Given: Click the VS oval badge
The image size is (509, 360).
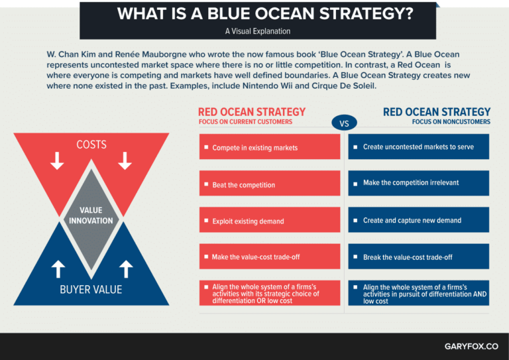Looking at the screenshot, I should (344, 123).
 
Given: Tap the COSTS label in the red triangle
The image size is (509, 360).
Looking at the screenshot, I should (91, 145).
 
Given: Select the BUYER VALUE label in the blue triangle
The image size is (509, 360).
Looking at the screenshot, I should (91, 289).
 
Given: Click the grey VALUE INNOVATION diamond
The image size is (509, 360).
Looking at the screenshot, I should (91, 216).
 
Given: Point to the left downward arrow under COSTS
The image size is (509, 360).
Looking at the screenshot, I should (58, 160).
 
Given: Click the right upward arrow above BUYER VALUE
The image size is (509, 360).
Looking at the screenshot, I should (126, 269).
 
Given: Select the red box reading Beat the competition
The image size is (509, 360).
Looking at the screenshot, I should (270, 184).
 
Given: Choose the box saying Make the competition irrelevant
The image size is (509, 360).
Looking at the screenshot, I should (418, 183).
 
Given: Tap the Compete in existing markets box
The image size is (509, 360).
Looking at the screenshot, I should (270, 147).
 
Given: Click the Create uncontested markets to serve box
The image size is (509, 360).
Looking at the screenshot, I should (418, 147).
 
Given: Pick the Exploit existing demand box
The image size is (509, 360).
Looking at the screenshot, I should (270, 221).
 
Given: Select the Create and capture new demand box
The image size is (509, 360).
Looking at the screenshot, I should (418, 220).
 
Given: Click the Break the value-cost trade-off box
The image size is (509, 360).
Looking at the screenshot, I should (418, 257).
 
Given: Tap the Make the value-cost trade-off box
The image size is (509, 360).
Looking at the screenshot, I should (270, 257).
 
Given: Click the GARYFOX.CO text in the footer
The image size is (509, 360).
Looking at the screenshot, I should (471, 346).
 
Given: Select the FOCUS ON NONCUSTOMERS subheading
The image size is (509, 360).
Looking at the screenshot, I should (451, 122).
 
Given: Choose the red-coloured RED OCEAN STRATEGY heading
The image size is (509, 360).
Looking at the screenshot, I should (252, 111).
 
